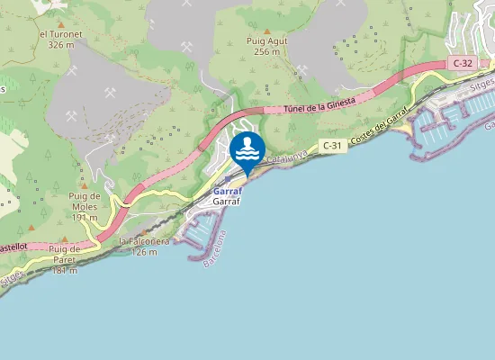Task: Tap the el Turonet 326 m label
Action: pyautogui.click(x=60, y=39)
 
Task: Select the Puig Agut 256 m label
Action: pyautogui.click(x=266, y=46)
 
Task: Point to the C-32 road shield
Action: pyautogui.click(x=463, y=63)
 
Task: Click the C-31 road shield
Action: pyautogui.click(x=332, y=146)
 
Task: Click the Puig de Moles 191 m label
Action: pyautogui.click(x=84, y=206)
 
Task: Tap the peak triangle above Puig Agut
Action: pyautogui.click(x=266, y=31)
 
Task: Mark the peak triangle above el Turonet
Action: pyautogui.click(x=60, y=24)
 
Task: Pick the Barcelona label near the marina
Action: pyautogui.click(x=216, y=248)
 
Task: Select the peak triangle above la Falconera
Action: pyautogui.click(x=140, y=232)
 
